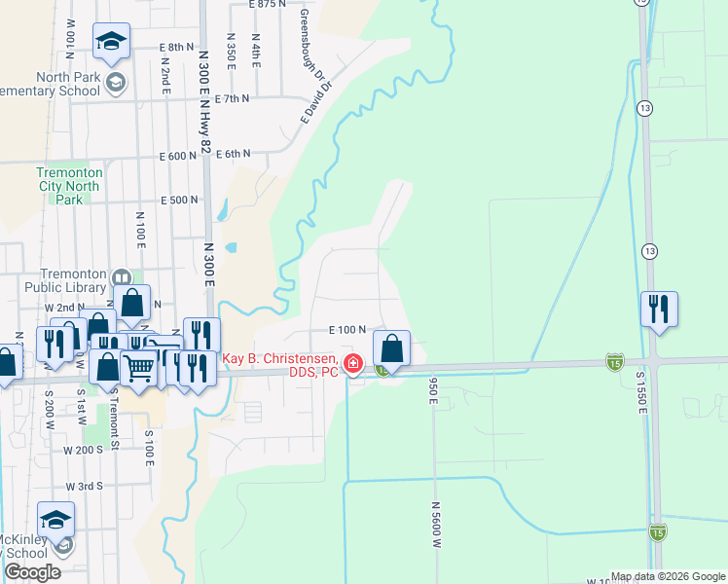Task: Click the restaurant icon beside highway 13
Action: (659, 310)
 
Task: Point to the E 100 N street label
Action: (346, 331)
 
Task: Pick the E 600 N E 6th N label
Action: (205, 155)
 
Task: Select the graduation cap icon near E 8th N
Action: (111, 42)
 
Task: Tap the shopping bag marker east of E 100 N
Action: (390, 347)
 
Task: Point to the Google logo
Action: (32, 572)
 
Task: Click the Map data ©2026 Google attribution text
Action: (667, 576)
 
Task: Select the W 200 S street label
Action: (83, 450)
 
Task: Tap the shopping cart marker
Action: (140, 368)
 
